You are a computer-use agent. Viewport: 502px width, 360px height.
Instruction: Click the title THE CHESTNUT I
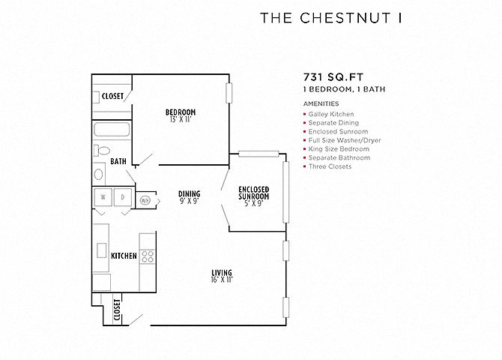coord(331,19)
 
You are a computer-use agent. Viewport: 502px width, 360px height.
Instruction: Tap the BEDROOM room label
coord(181,112)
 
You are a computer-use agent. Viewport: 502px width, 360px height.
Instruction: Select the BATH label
coord(118,161)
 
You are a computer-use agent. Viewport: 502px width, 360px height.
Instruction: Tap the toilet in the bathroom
coord(102,151)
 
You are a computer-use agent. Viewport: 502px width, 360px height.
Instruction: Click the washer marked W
coord(103,198)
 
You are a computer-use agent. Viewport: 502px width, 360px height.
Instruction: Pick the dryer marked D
coord(122,198)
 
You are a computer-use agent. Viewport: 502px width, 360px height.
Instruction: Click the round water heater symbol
coord(145,199)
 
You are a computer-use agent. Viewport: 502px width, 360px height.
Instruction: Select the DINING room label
coord(189,193)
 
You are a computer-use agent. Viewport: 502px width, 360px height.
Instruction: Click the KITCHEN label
coord(124,256)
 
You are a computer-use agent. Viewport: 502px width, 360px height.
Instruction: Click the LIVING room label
coord(222,272)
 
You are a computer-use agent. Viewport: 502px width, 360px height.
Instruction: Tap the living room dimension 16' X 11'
coord(222,280)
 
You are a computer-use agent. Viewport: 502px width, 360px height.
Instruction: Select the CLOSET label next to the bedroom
coord(113,96)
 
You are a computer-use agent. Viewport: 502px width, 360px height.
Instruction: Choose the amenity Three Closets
coord(330,166)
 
